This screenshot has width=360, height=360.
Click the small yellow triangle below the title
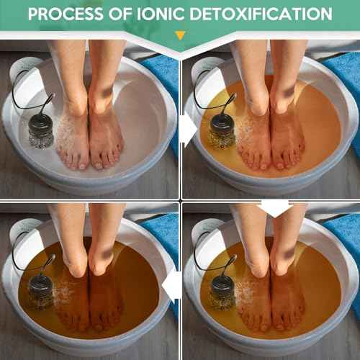click(180, 35)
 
